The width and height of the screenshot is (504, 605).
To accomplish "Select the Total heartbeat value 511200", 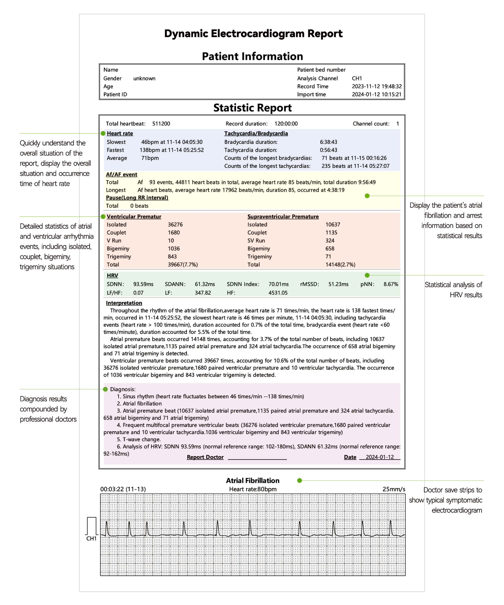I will [x=161, y=124].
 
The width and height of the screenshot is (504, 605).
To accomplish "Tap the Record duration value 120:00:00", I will [x=286, y=124].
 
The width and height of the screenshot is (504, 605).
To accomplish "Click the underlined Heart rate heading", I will [x=120, y=133].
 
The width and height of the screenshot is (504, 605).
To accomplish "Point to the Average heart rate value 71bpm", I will [x=150, y=158].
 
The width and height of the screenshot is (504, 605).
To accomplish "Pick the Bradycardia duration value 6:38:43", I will [x=328, y=142].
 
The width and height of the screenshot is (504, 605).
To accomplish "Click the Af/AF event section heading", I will [x=121, y=174].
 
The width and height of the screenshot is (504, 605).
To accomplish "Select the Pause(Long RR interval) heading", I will [x=137, y=198].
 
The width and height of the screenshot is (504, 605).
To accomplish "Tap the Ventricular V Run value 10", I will [x=171, y=241].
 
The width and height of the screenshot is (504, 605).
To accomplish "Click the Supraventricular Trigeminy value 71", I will [x=328, y=256].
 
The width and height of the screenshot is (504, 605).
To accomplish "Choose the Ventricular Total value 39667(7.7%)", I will [x=183, y=264].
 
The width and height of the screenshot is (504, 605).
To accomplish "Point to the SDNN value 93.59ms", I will [x=143, y=284].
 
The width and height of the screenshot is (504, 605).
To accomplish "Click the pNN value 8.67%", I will [x=391, y=284].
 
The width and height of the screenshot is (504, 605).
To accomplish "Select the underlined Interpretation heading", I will [x=124, y=303].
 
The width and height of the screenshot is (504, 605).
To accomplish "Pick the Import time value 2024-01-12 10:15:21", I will [x=376, y=95].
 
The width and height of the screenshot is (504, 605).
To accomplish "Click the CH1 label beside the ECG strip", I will [x=91, y=538].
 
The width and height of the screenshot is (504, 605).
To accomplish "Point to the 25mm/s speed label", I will [x=394, y=489].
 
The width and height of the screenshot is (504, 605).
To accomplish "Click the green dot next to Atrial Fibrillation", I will [x=300, y=480].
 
